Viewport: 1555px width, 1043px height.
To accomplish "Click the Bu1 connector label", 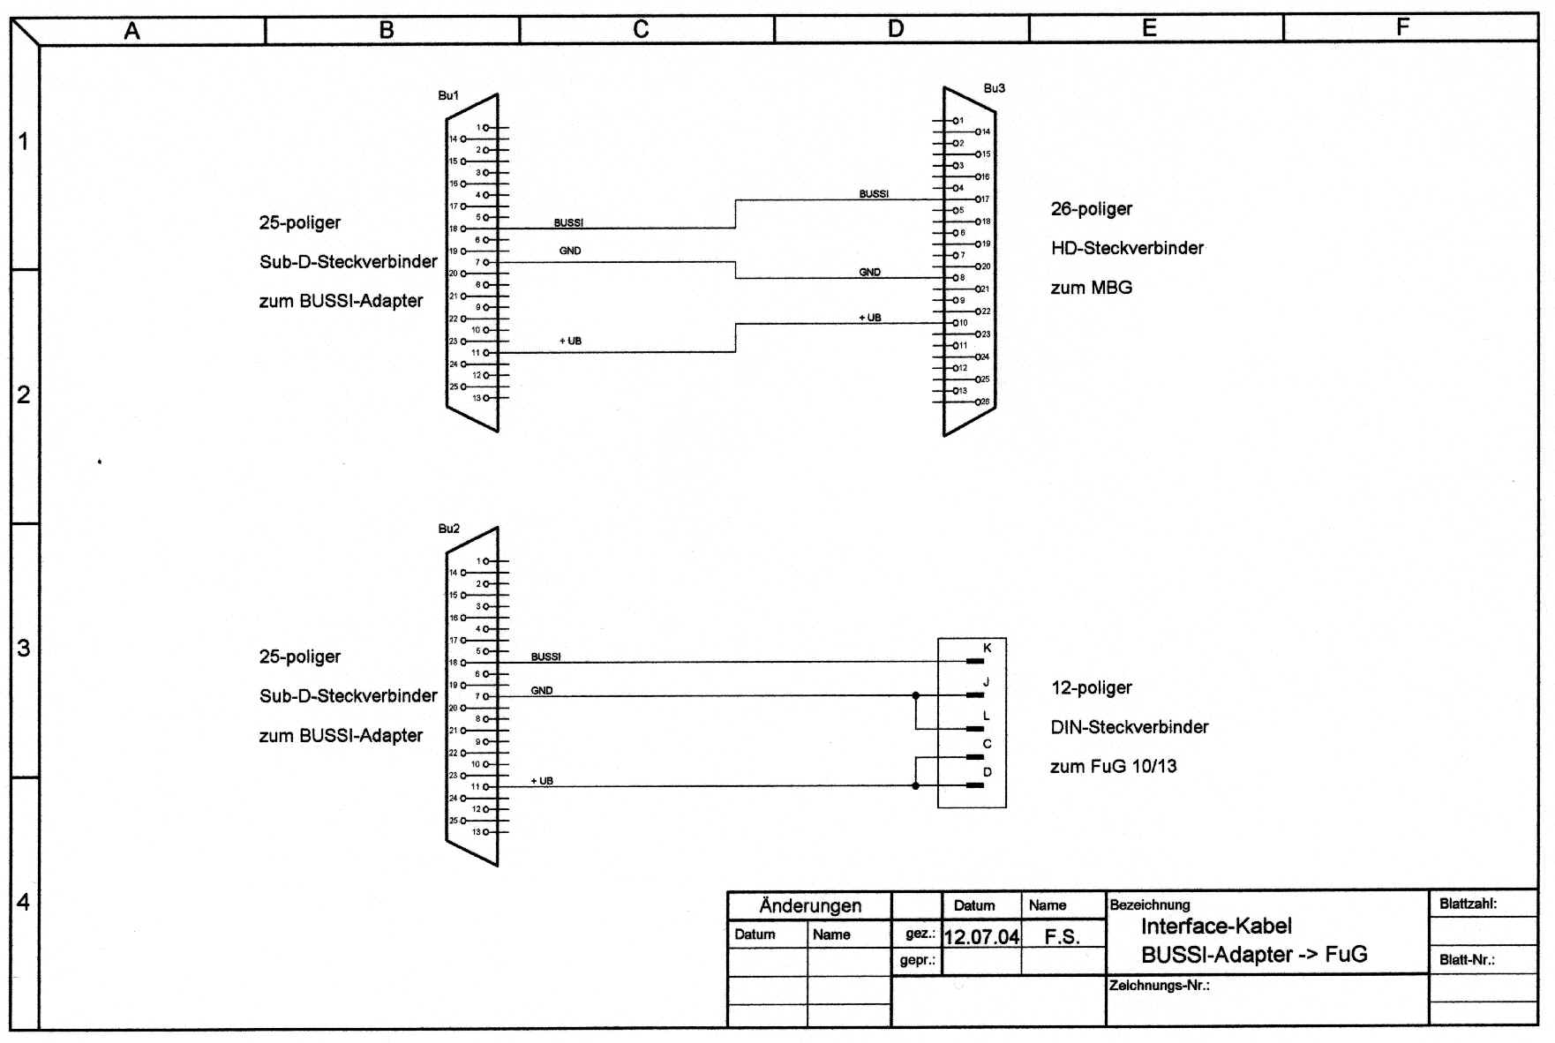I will pyautogui.click(x=448, y=95).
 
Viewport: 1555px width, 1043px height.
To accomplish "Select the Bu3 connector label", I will pyautogui.click(x=994, y=88).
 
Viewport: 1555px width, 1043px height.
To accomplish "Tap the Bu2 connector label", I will pyautogui.click(x=448, y=529).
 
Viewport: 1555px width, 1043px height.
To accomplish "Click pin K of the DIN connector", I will pyautogui.click(x=975, y=660).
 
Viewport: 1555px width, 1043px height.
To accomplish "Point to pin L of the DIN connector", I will pyautogui.click(x=975, y=729).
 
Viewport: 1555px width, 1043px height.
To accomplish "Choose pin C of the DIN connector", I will pyautogui.click(x=975, y=757).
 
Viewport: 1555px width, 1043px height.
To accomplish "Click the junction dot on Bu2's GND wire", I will pyautogui.click(x=915, y=695).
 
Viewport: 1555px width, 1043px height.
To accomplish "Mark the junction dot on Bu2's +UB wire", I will pyautogui.click(x=915, y=785).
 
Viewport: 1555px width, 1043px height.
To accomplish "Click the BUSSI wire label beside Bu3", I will pyautogui.click(x=874, y=193).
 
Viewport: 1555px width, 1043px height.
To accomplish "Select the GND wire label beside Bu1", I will pyautogui.click(x=570, y=251).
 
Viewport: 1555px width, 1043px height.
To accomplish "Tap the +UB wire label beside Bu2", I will pyautogui.click(x=542, y=781).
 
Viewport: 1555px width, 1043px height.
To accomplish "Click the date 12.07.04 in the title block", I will pyautogui.click(x=980, y=936).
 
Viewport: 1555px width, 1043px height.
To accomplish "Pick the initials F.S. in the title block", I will pyautogui.click(x=1062, y=936).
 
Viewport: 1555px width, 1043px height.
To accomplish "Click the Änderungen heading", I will pyautogui.click(x=809, y=906).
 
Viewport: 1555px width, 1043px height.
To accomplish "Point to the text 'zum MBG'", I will pyautogui.click(x=1091, y=288).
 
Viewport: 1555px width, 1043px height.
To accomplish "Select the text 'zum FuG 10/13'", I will pyautogui.click(x=1113, y=767).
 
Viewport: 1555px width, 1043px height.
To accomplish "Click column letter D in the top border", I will pyautogui.click(x=895, y=29).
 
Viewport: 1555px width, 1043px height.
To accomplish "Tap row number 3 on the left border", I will pyautogui.click(x=24, y=649).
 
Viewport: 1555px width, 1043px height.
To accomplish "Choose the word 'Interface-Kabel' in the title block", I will pyautogui.click(x=1215, y=927).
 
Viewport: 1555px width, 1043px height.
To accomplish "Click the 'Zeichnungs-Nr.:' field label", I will pyautogui.click(x=1159, y=986).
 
